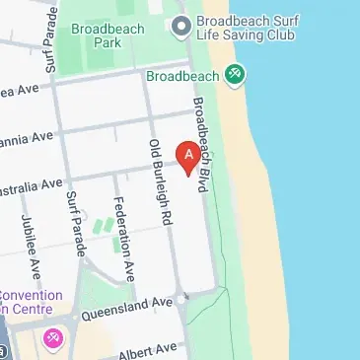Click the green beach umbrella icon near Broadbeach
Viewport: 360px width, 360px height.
pyautogui.click(x=234, y=74)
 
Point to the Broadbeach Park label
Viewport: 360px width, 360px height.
pyautogui.click(x=108, y=36)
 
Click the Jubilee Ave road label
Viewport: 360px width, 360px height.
pyautogui.click(x=31, y=252)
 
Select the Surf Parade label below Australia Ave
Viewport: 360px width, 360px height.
pyautogui.click(x=74, y=222)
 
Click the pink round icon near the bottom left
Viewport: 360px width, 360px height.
pyautogui.click(x=53, y=339)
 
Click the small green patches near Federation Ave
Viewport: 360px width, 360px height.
pyautogui.click(x=103, y=225)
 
